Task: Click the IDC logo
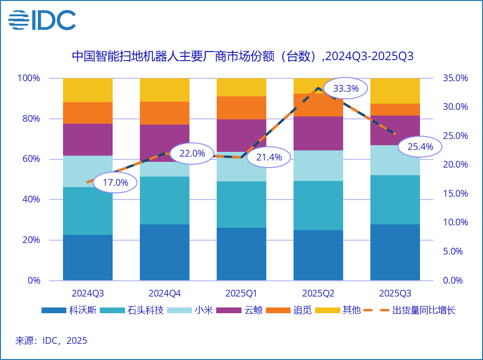click(42, 20)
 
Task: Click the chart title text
click(242, 57)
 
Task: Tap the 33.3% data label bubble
click(345, 88)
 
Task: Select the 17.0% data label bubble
click(115, 182)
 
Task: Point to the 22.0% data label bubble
click(192, 153)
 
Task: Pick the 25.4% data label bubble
click(420, 147)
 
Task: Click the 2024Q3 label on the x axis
click(88, 293)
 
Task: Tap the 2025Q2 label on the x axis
click(318, 293)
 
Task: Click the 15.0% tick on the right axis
click(455, 193)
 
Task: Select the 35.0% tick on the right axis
click(455, 78)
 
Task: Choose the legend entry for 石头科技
click(137, 310)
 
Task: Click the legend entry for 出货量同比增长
click(409, 310)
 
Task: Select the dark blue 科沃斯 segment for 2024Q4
click(165, 252)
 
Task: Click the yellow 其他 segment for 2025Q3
click(395, 91)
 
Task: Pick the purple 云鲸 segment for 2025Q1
click(241, 135)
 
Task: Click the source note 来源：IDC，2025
click(52, 341)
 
